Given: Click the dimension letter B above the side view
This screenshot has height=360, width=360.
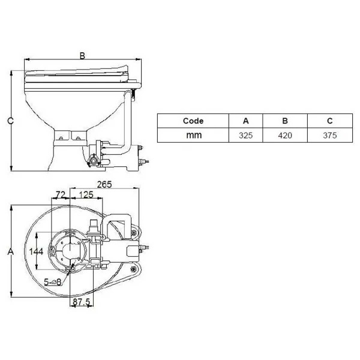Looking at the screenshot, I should point(83,55).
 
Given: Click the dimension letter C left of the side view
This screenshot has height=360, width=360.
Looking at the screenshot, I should point(10,121).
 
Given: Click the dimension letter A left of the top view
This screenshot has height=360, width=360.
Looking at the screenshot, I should point(10,253).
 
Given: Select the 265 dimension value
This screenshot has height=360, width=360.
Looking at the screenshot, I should point(105,185).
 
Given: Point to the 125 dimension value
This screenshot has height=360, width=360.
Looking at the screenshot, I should point(85,194).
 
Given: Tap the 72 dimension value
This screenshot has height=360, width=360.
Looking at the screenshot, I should point(60,194).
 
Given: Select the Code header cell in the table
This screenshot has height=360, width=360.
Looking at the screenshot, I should point(193,121).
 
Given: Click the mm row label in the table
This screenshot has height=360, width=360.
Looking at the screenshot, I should point(193,136).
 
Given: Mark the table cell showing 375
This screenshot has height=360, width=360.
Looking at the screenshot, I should point(328,136).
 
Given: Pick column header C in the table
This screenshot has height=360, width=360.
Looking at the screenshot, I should point(328,121).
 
